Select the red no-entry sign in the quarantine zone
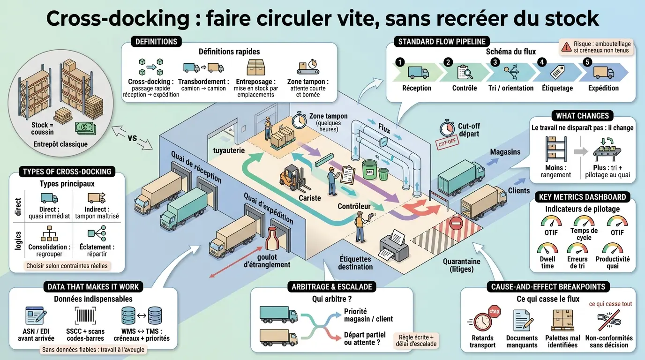tap(457, 224)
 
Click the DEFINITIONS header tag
tap(156, 42)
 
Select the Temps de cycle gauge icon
tap(584, 221)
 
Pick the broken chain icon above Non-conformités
tap(609, 321)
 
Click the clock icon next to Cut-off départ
tap(447, 128)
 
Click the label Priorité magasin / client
tap(368, 315)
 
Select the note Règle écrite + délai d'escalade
tap(416, 340)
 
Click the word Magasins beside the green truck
tap(505, 152)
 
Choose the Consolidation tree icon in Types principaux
tap(49, 233)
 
